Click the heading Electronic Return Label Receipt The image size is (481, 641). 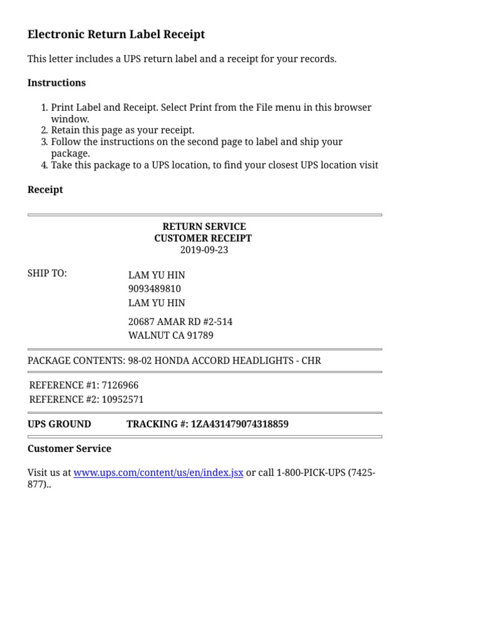[116, 34]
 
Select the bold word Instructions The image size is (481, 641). [56, 83]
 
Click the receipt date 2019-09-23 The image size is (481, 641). [204, 250]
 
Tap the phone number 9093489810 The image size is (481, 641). [155, 289]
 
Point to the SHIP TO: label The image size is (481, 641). [47, 274]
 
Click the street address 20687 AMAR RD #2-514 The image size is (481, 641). [180, 322]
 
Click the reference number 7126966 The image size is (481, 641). [120, 386]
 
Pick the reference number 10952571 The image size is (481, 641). [123, 399]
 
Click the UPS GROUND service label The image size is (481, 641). [59, 424]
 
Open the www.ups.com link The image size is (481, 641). [158, 473]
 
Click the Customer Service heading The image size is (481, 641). [70, 449]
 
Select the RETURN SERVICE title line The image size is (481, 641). [204, 227]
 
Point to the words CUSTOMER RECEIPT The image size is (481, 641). [203, 238]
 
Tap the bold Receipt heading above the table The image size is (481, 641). [45, 190]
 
